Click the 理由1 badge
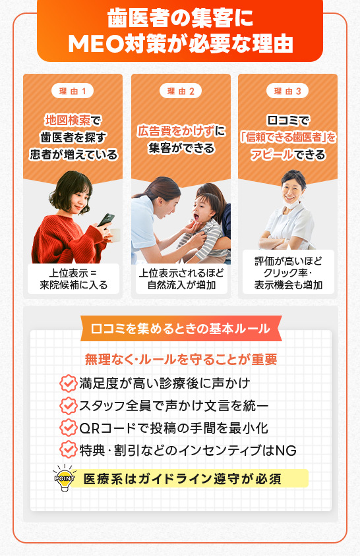73,91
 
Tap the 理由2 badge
181,91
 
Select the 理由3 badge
287,91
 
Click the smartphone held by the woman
105,220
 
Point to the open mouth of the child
195,216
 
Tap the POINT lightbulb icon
65,478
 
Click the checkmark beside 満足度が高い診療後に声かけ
68,383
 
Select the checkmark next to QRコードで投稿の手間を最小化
68,428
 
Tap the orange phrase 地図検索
68,121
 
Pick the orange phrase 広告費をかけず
176,131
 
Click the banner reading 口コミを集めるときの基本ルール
181,329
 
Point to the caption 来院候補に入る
73,285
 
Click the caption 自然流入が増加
182,285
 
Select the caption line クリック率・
288,273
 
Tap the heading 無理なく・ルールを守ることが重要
181,360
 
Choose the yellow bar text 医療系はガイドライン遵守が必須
183,479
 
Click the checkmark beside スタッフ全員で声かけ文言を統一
68,406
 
